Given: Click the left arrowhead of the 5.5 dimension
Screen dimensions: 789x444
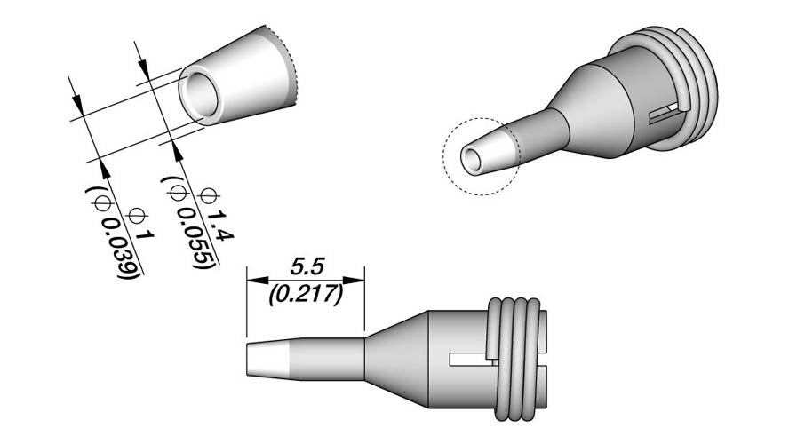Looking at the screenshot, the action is (257, 280).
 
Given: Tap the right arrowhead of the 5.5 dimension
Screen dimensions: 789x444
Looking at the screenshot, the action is (354, 280).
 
